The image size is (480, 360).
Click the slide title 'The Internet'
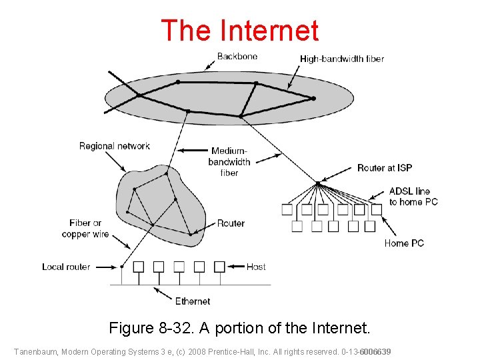point(240,31)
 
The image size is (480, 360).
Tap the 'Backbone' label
point(237,57)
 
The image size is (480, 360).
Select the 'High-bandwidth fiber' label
point(342,59)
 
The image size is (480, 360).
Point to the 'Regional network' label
point(115,146)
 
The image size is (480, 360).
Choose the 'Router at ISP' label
point(385,168)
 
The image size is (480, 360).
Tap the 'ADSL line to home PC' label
point(413,197)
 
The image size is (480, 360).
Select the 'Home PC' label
point(404,243)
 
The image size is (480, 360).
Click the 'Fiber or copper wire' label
point(85,229)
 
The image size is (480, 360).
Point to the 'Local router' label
point(66,267)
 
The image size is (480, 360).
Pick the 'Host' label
point(256,267)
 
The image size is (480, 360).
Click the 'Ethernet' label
point(193,301)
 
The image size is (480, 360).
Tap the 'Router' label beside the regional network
point(231,223)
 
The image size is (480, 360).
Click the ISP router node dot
point(318,181)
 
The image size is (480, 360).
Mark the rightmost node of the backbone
point(313,99)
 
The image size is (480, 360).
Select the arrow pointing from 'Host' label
point(235,267)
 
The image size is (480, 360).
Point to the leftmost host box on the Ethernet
point(139,267)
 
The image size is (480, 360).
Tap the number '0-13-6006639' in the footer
point(366,351)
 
